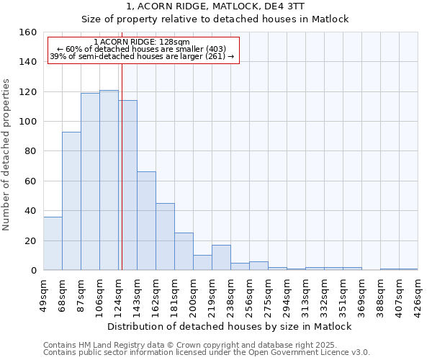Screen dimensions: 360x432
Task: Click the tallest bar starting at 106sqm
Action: (x=109, y=180)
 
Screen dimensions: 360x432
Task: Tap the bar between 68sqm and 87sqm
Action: (x=71, y=201)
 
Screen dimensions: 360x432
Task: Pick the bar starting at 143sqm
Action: (x=146, y=220)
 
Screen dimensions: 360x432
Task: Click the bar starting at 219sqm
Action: (x=221, y=257)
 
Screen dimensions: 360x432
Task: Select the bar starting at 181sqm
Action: (x=184, y=251)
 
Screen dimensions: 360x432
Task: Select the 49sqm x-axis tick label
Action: (x=44, y=295)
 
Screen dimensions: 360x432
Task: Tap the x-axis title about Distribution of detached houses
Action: (x=230, y=326)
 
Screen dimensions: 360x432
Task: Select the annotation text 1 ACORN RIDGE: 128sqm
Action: (x=142, y=42)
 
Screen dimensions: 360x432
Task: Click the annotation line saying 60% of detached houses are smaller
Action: (x=142, y=49)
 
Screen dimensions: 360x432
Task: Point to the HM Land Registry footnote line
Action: (x=195, y=345)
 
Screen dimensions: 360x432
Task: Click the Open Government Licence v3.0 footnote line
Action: (x=207, y=352)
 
